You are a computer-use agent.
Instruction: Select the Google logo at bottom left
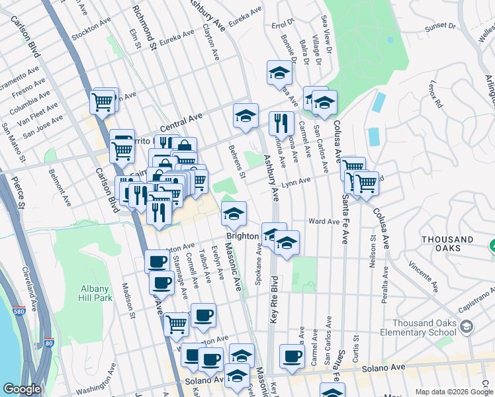pos(22,389)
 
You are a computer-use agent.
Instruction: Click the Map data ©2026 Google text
pos(454,392)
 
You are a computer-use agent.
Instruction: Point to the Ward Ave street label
pos(324,222)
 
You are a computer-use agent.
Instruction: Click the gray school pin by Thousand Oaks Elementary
pos(467,328)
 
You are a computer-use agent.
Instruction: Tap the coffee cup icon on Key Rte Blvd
pos(291,357)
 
